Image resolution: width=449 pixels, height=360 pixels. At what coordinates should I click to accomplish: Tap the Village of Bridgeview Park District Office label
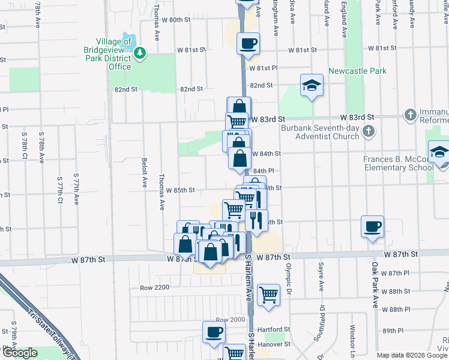(x=109, y=54)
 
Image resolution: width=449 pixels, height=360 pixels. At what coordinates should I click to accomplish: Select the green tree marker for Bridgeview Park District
(x=140, y=53)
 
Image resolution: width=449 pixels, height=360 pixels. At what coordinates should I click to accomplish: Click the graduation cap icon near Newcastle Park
(x=312, y=85)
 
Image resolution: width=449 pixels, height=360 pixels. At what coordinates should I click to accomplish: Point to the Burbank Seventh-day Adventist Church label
(x=321, y=131)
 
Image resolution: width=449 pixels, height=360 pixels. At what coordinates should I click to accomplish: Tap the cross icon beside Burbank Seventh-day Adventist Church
(x=369, y=131)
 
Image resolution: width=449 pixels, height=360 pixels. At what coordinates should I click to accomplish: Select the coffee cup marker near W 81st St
(x=248, y=43)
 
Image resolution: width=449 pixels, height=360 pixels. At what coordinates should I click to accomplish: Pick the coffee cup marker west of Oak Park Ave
(x=372, y=227)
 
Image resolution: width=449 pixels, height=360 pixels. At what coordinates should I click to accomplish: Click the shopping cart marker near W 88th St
(x=268, y=294)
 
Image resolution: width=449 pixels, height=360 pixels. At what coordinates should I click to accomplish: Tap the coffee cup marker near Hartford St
(x=213, y=332)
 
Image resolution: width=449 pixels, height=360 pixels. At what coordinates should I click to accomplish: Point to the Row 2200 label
(x=155, y=287)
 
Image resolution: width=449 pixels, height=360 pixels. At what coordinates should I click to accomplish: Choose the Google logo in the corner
(x=20, y=353)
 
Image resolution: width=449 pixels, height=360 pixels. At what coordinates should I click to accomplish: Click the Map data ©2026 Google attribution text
(x=412, y=355)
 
